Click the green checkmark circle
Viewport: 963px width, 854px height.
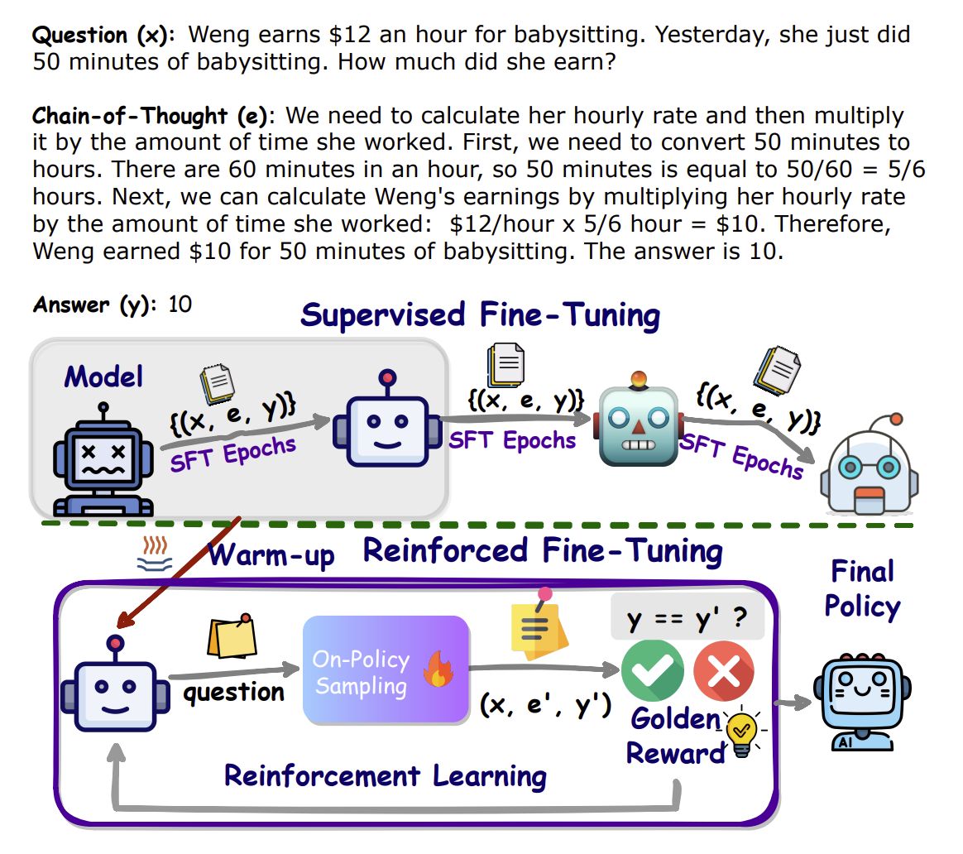coord(652,670)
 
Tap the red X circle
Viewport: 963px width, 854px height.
coord(724,671)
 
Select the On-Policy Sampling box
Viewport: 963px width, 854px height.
coord(386,669)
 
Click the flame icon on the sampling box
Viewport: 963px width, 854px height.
coord(438,669)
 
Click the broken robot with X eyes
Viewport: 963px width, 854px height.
coord(103,459)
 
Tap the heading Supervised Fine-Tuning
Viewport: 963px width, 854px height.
coord(481,316)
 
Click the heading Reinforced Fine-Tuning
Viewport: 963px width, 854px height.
coord(543,551)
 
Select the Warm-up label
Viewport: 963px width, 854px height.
coord(271,555)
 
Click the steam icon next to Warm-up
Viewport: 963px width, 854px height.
coord(155,554)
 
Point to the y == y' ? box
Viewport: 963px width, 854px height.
coord(688,617)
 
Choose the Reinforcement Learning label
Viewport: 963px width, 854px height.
coord(385,776)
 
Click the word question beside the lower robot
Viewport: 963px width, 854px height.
coord(234,693)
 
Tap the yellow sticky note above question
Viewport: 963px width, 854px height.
coord(232,636)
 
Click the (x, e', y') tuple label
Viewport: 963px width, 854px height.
coord(545,705)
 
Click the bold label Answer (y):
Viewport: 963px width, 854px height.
coord(95,305)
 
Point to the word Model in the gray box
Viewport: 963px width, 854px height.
coord(103,376)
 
